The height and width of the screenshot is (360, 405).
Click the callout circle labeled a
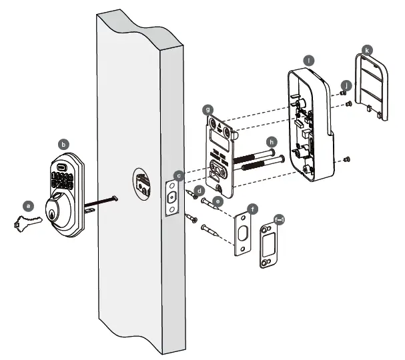(x=28, y=205)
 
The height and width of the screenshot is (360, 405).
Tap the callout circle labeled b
(x=64, y=143)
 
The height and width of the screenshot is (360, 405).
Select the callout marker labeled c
(x=178, y=175)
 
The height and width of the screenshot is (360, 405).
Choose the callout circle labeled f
(x=252, y=209)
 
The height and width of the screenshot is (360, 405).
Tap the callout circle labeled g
(x=209, y=108)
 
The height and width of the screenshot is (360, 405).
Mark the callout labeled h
(x=271, y=141)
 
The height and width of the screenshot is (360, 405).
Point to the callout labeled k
(x=366, y=49)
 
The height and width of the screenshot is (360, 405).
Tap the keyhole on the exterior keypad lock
(x=53, y=212)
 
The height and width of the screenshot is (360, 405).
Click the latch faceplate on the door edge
(x=171, y=197)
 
